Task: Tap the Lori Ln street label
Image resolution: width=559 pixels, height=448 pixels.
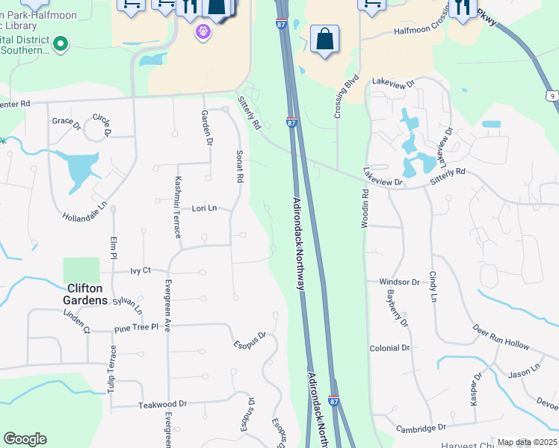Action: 204,208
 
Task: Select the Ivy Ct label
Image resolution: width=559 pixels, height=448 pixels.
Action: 140,270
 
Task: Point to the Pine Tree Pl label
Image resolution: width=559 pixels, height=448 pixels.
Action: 136,328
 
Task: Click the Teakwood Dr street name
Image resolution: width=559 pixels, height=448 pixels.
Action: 162,405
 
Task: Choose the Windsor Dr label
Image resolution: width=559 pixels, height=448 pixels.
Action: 399,282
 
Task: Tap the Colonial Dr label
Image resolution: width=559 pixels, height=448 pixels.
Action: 389,348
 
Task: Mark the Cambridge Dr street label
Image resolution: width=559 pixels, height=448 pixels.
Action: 421,428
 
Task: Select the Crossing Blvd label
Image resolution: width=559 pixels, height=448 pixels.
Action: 347,97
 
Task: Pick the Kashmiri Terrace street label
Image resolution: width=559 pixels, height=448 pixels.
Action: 178,207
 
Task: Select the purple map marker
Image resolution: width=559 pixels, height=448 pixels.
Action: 202,31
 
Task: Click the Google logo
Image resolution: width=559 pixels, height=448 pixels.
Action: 25,439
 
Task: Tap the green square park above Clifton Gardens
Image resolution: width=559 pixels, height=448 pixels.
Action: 81,270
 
